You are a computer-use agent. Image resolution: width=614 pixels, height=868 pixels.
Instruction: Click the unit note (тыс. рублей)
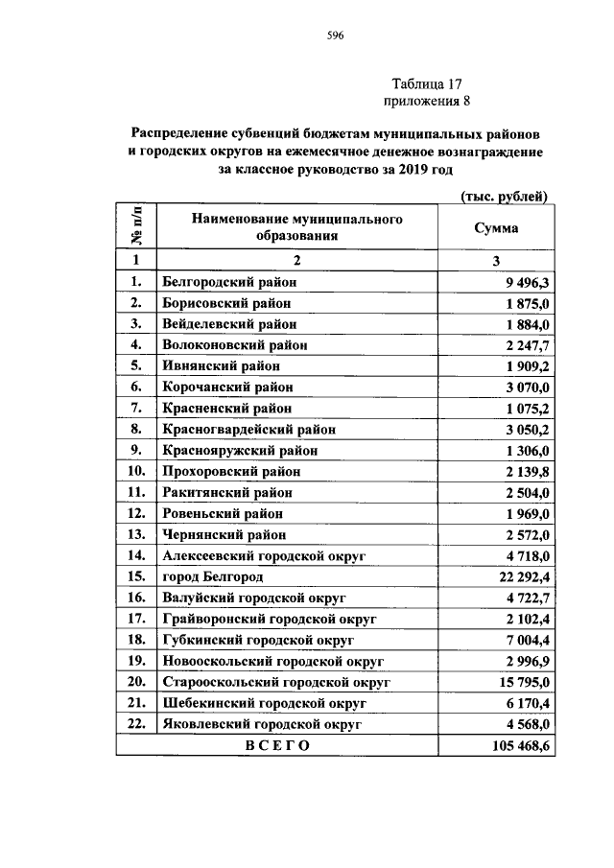[504, 197]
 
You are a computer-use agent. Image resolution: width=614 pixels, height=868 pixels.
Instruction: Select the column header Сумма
[496, 228]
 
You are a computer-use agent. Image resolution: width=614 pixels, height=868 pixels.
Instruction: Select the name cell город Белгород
[212, 577]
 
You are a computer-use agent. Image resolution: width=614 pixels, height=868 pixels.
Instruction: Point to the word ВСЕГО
[277, 746]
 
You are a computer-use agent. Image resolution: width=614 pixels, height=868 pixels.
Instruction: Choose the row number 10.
[136, 472]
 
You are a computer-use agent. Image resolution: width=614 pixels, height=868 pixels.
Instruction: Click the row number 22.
[136, 725]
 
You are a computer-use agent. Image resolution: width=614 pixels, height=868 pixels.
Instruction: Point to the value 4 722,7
[520, 598]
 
